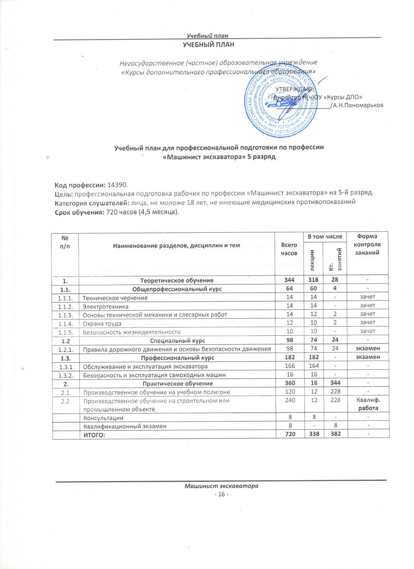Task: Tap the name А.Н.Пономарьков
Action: (x=358, y=105)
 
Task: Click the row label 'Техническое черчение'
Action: (x=115, y=297)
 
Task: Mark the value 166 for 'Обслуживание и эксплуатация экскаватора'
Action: (x=285, y=367)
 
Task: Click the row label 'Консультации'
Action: (x=103, y=418)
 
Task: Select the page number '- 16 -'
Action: (x=221, y=495)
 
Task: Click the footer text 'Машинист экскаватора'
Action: (x=221, y=486)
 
